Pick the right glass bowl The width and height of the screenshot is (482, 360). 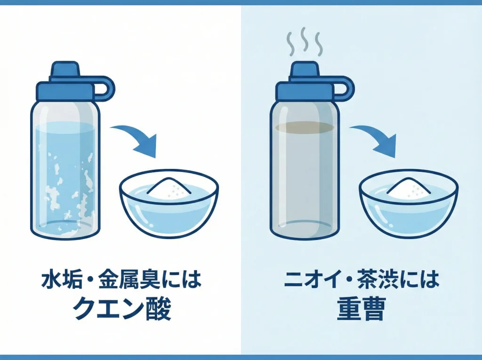click(408, 207)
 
